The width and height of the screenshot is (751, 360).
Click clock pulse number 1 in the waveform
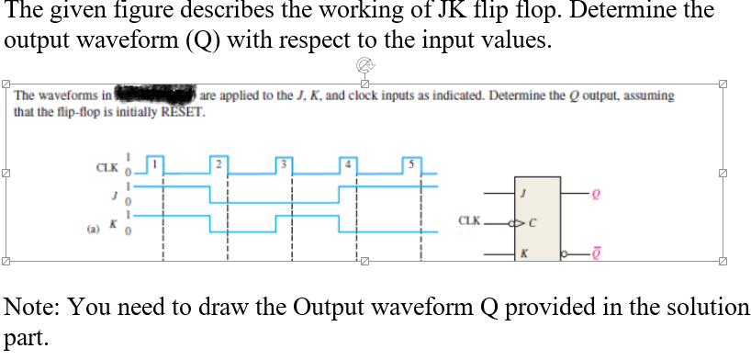[x=156, y=163]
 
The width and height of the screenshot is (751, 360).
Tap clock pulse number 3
[x=285, y=163]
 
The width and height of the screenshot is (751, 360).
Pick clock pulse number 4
[x=349, y=163]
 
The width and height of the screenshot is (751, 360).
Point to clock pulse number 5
[x=412, y=163]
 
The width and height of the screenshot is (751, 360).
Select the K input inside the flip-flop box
[x=524, y=253]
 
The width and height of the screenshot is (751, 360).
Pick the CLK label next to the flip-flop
[x=469, y=221]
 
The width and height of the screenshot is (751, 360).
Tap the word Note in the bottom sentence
[x=29, y=307]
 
